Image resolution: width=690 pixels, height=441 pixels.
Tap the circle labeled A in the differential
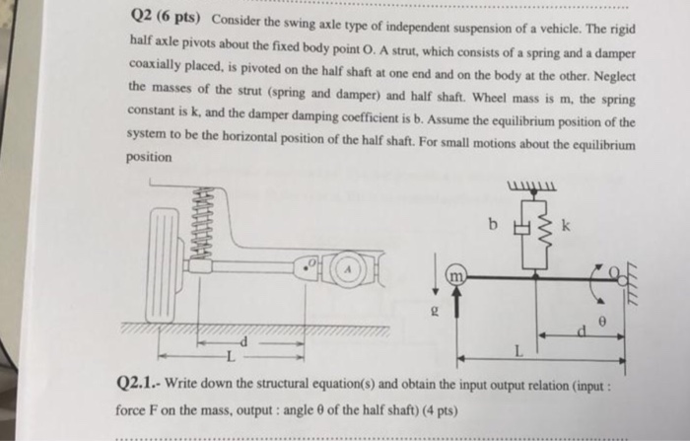[349, 269]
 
